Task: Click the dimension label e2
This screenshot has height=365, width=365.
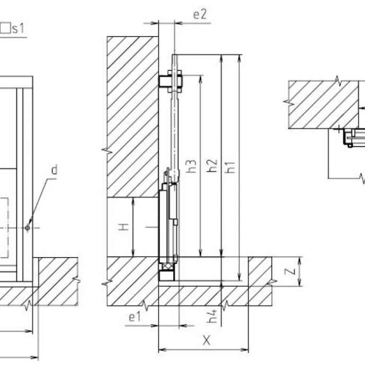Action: [200, 15]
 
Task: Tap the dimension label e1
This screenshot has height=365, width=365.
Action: [135, 317]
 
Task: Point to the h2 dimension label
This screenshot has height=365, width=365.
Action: [212, 166]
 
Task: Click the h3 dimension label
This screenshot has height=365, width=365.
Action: [191, 166]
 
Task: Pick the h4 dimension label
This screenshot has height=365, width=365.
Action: [212, 316]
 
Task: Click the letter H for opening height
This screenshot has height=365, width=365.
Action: [124, 227]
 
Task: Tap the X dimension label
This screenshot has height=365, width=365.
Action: [206, 340]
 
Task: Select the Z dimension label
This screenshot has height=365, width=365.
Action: [290, 272]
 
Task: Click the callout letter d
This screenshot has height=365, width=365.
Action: [54, 169]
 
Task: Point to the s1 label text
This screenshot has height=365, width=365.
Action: [18, 29]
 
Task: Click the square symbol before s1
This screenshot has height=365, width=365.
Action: [5, 28]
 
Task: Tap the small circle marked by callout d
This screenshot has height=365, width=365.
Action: [28, 228]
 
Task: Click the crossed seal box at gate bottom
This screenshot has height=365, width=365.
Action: [166, 266]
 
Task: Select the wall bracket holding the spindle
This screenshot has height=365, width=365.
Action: [171, 81]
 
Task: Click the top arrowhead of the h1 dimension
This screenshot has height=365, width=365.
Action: [239, 58]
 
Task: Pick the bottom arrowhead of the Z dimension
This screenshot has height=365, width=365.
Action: [300, 283]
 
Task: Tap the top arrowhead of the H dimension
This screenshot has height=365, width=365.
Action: [133, 201]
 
